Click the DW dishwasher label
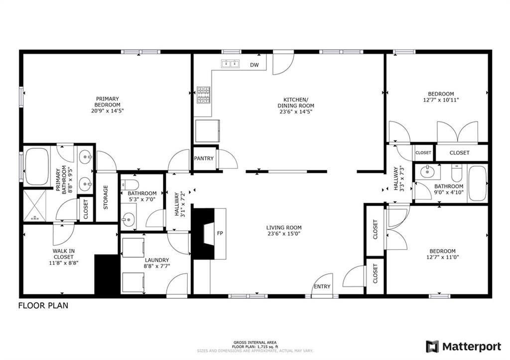(255, 65)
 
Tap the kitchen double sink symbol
(230, 64)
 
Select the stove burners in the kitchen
(203, 95)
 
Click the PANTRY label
(204, 158)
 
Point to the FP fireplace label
(220, 233)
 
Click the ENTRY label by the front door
(322, 286)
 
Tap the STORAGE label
(106, 197)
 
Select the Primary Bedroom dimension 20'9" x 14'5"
(108, 111)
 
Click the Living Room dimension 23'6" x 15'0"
(284, 234)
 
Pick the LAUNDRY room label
(157, 260)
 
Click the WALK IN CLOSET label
(64, 254)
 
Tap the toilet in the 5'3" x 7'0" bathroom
(129, 185)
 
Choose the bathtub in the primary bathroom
(37, 167)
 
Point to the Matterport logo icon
(433, 347)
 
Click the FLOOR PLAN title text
(43, 306)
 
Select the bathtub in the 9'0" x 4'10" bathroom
(478, 183)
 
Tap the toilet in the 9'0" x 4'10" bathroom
(457, 174)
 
